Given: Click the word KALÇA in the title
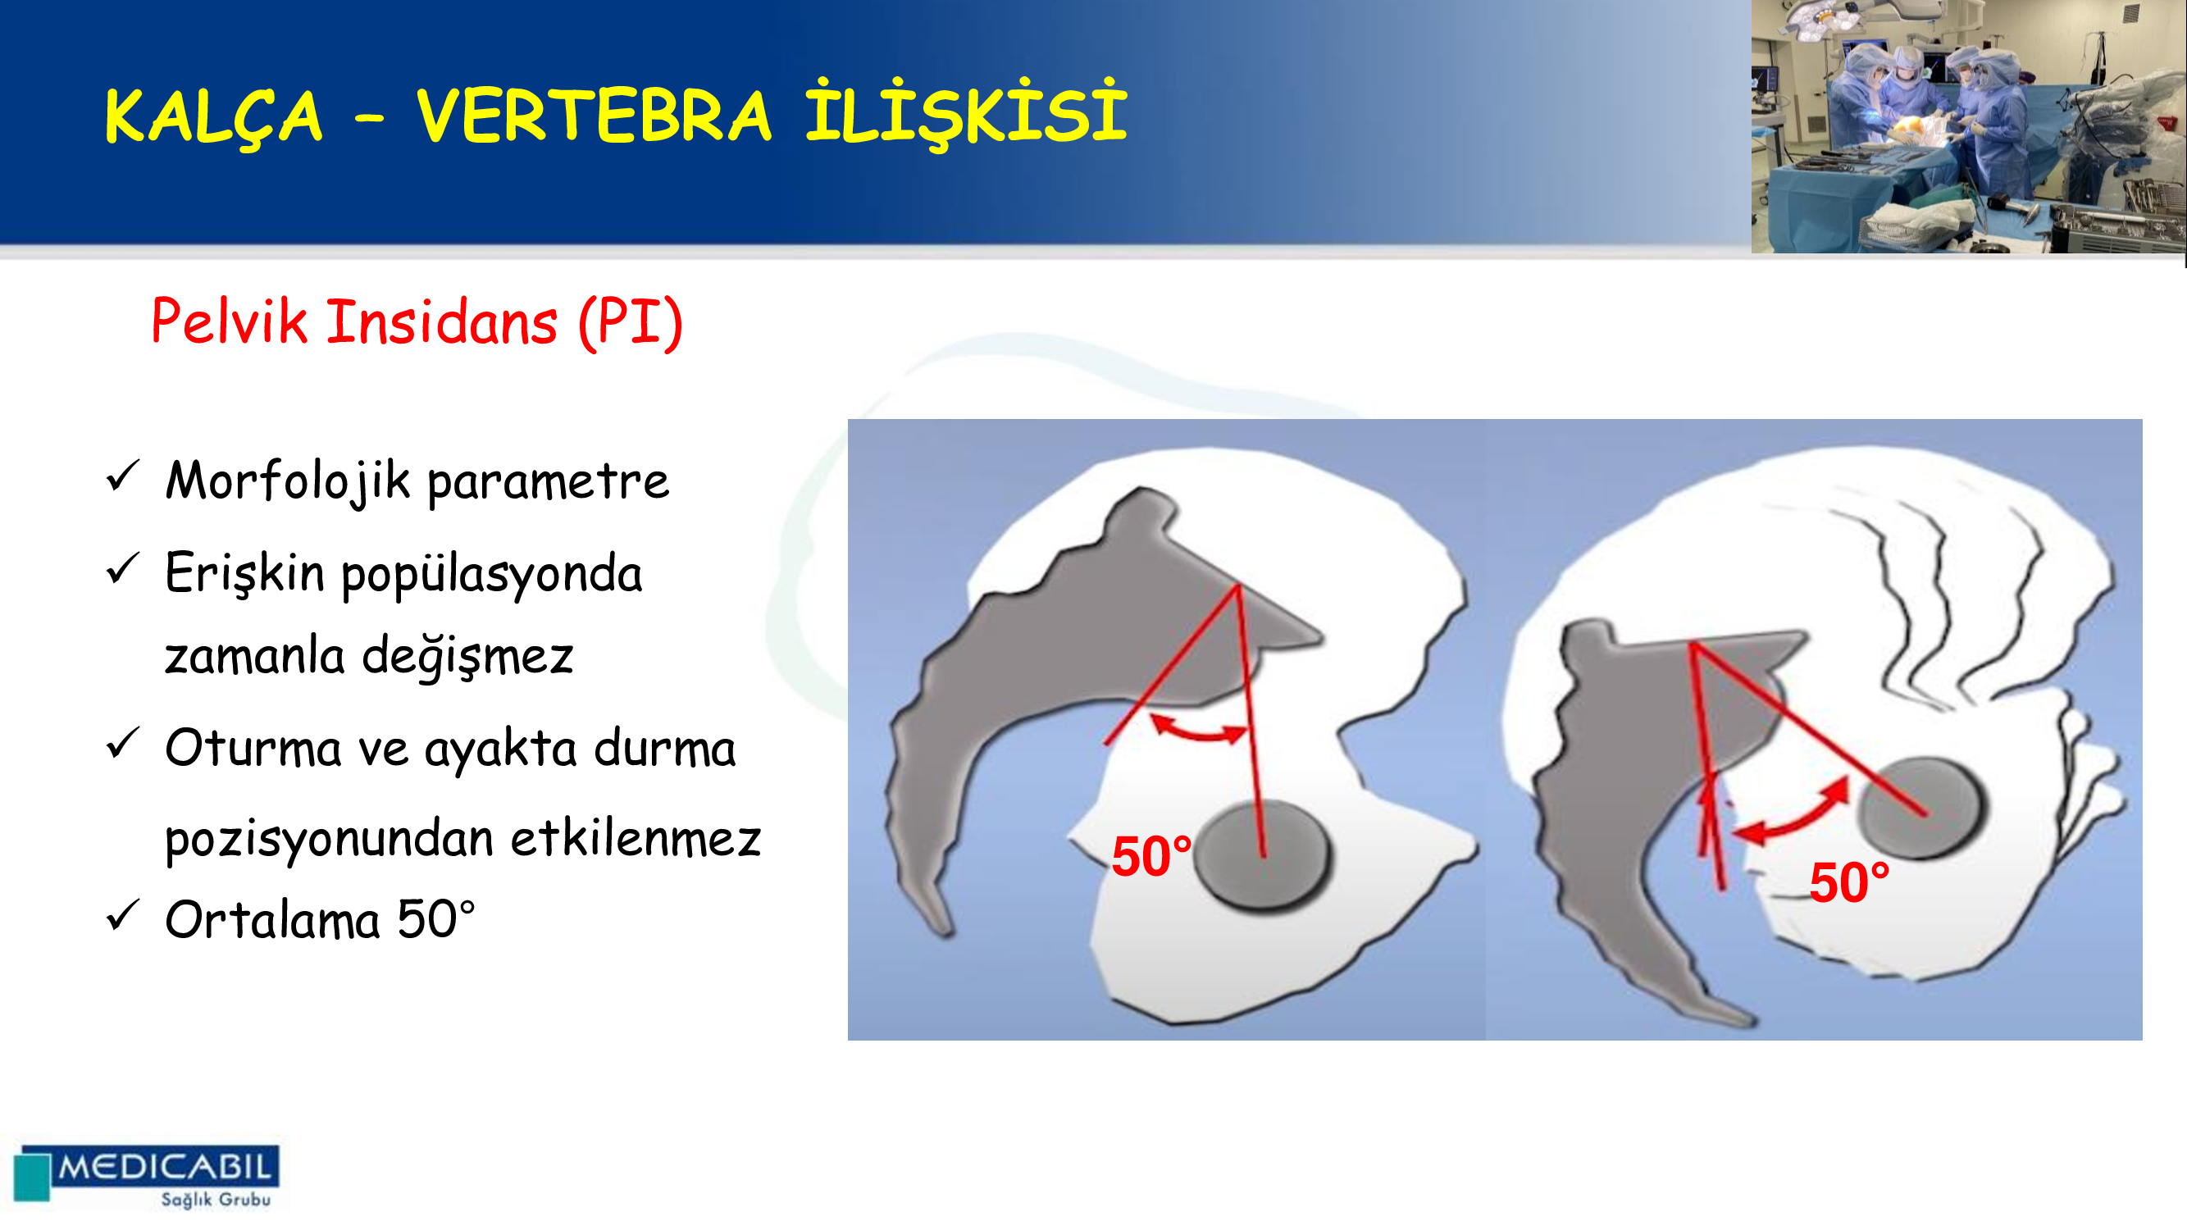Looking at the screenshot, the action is click(213, 116).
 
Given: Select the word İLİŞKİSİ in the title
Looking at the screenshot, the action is click(966, 114).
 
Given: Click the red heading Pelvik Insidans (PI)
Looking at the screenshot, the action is click(417, 321).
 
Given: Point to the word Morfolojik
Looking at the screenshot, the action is click(289, 481).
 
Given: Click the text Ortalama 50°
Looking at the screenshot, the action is click(320, 919).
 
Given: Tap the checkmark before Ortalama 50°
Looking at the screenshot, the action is click(122, 915).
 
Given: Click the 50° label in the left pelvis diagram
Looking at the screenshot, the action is click(1152, 857).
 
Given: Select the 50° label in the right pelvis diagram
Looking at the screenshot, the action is click(1850, 882).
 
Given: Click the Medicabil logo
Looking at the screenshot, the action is click(147, 1176).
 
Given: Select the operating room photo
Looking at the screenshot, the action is click(1969, 126).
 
